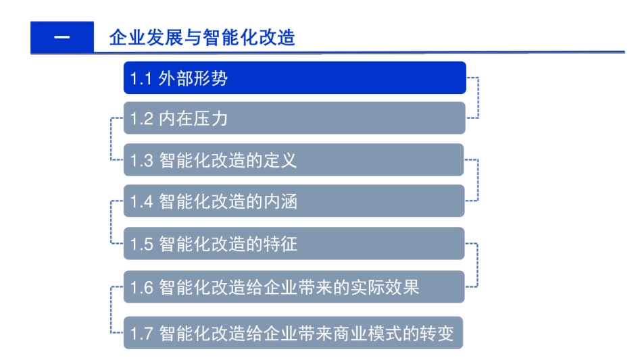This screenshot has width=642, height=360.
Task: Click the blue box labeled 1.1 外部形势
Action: [x=294, y=78]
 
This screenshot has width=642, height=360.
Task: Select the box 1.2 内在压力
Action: [x=294, y=119]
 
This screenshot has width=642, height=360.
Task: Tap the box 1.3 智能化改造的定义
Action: [x=294, y=160]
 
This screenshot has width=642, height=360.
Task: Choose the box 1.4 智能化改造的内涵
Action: [x=294, y=201]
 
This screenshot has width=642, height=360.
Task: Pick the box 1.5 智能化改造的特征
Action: [x=294, y=243]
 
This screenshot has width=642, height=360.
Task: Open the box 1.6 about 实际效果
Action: [x=294, y=287]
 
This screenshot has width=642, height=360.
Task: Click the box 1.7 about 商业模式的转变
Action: [x=294, y=332]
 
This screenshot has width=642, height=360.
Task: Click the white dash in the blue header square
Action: [x=61, y=37]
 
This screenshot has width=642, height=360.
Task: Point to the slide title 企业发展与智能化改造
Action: [x=202, y=37]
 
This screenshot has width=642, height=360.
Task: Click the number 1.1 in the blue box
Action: [x=140, y=78]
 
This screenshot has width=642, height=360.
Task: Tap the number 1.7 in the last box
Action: [x=141, y=333]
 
